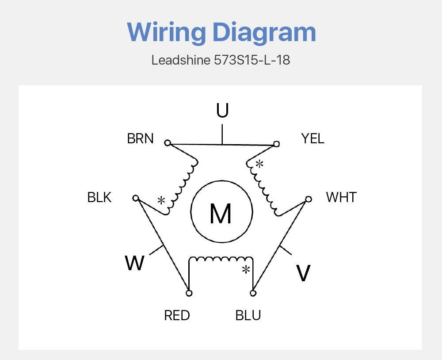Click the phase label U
pos(222,110)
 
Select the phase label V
pos(303,273)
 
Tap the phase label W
pos(135,263)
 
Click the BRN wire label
pos(140,138)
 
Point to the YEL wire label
pos(312,138)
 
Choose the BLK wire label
pos(99,197)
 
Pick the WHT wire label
pos(341,197)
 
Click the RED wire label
pos(177,315)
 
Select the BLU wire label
pos(248,315)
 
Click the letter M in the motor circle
pos(221,214)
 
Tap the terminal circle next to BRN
pos(168,143)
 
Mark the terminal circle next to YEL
pos(277,144)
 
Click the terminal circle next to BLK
pos(136,198)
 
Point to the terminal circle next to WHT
pos(309,199)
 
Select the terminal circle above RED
pos(189,293)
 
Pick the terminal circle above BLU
pos(253,293)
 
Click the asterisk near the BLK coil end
pos(161,201)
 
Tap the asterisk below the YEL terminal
pos(259,164)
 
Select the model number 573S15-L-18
pos(252,60)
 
